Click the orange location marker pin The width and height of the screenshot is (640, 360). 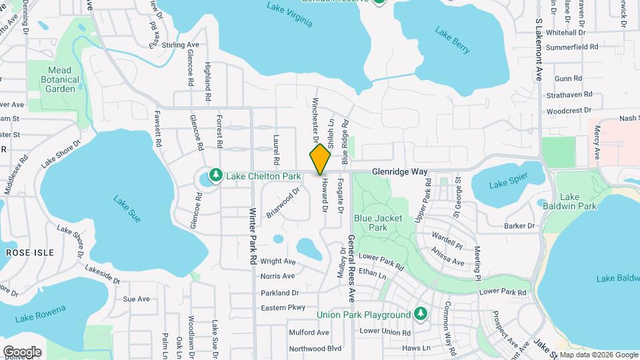click(x=320, y=159)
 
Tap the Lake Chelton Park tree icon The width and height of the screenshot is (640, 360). click(x=215, y=175)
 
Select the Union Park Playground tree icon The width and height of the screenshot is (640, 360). click(x=420, y=314)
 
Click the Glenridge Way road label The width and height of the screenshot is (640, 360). click(x=399, y=171)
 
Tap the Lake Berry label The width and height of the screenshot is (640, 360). click(x=453, y=39)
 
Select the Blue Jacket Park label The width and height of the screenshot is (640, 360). click(x=371, y=222)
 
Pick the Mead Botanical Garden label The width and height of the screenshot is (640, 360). click(x=63, y=79)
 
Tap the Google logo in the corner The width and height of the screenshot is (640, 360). click(x=22, y=351)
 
